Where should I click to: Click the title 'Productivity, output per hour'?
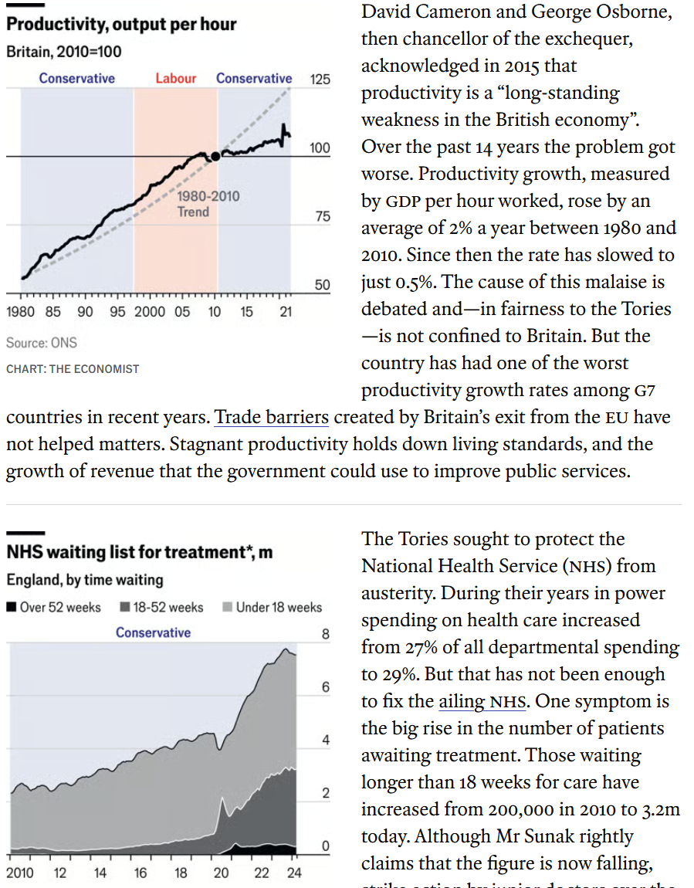pos(121,25)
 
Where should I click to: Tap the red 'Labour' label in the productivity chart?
pos(176,78)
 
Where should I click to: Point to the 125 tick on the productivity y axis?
pos(320,80)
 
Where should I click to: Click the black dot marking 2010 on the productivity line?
pos(215,155)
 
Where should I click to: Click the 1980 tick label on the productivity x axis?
pos(21,312)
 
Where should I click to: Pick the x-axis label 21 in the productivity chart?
pos(286,312)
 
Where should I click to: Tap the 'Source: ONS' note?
pos(42,342)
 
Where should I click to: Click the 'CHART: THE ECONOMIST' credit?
pos(73,369)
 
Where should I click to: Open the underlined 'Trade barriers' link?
pos(272,418)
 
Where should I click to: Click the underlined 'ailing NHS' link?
pos(482,701)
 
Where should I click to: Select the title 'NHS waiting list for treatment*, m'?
pos(140,553)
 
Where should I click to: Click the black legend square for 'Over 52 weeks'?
pos(12,607)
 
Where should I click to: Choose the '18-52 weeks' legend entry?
pos(161,607)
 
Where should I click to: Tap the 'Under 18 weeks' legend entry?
pos(272,607)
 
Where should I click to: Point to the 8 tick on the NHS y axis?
pos(325,635)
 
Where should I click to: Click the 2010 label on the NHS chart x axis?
pos(20,873)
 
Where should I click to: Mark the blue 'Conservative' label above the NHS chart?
pos(153,632)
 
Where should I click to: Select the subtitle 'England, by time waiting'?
pos(85,580)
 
